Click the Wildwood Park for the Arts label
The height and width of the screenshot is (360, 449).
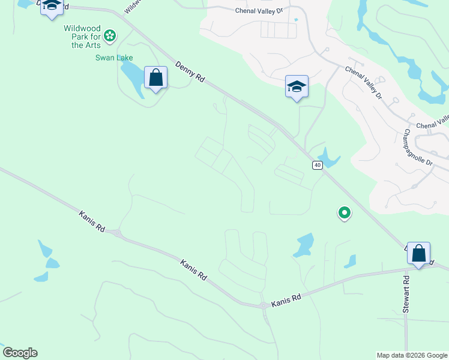point(82,37)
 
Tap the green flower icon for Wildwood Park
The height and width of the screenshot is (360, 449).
point(110,37)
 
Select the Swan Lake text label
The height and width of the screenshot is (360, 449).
point(113,58)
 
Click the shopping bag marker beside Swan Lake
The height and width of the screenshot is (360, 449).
point(155,78)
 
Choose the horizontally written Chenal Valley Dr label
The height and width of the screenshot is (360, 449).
point(258,10)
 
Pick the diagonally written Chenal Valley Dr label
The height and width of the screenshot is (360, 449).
point(363,82)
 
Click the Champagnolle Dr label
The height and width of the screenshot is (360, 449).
point(418,147)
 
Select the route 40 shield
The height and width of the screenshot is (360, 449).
point(317,165)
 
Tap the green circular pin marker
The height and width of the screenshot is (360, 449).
point(345,212)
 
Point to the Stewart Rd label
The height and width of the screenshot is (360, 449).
point(406,294)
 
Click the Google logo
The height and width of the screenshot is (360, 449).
point(20,353)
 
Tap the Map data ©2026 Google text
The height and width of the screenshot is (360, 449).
point(411,355)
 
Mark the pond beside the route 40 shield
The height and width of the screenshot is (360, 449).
point(330,158)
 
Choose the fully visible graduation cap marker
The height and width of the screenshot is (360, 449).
point(297,87)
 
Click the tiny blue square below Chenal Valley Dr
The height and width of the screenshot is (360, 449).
point(297,19)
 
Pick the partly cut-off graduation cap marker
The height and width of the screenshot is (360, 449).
point(52,7)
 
